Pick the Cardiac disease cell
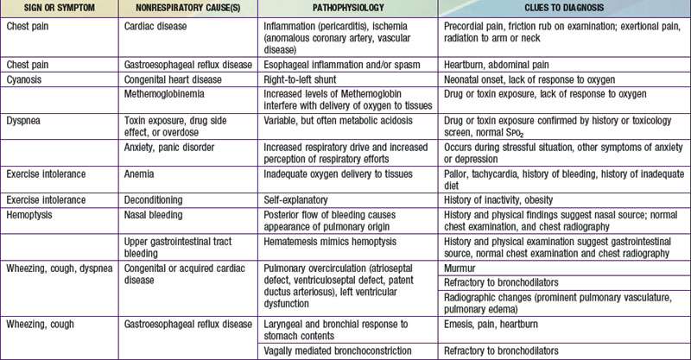pyautogui.click(x=161, y=26)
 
